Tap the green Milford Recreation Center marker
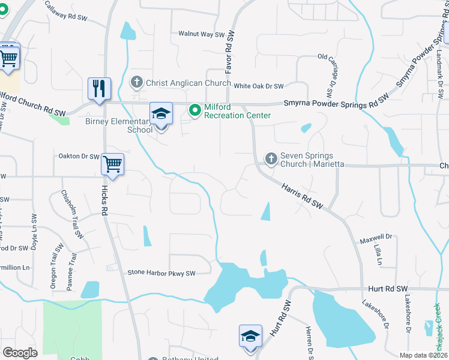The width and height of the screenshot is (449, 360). point(195,110)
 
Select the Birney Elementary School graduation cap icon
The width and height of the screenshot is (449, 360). point(161,114)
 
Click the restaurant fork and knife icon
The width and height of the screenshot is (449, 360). point(99,88)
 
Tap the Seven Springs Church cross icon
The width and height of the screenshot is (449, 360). point(271,159)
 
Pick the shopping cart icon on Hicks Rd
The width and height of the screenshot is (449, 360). point(113,164)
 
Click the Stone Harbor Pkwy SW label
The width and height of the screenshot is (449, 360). point(161,273)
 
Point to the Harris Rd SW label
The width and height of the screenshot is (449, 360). point(303,196)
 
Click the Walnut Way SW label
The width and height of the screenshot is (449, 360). point(200,34)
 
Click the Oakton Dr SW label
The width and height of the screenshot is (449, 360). point(79,157)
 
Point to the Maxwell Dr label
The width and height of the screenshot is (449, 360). point(376,239)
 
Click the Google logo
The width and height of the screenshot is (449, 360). point(20,353)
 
